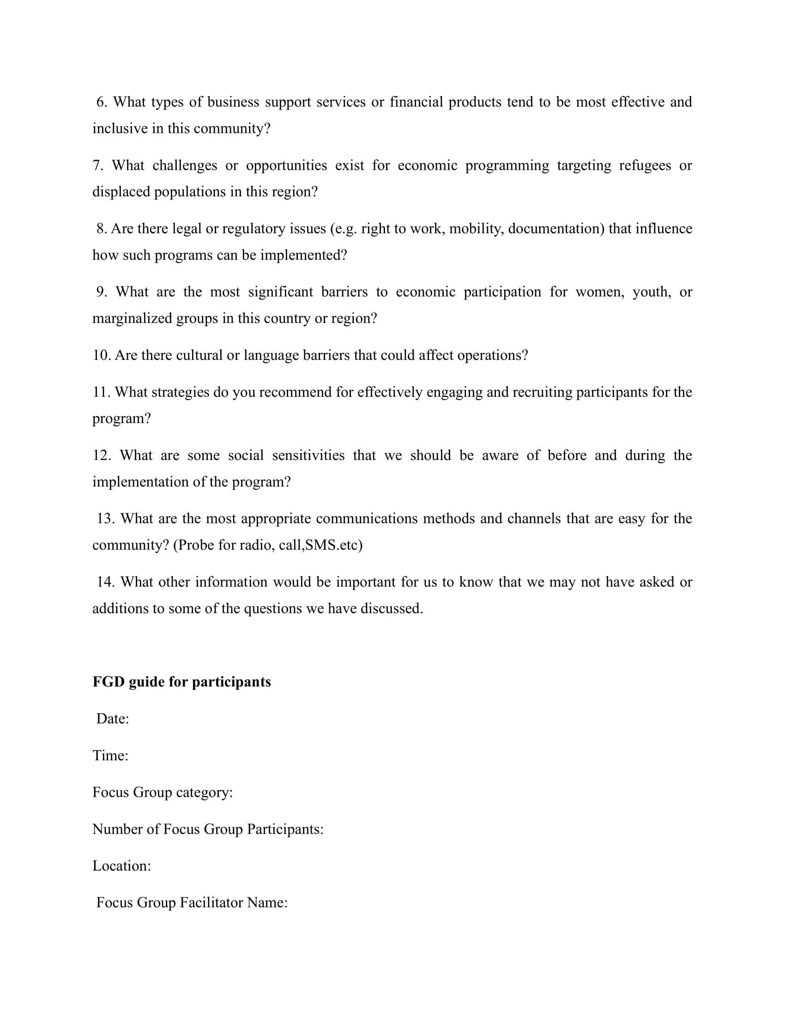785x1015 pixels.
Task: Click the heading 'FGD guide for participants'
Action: point(181,682)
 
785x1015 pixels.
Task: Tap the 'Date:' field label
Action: point(113,718)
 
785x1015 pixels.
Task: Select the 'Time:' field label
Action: point(110,755)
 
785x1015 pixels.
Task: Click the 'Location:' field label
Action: point(121,866)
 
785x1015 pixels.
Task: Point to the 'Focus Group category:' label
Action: point(162,792)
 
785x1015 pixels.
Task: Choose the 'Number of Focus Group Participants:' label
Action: point(208,829)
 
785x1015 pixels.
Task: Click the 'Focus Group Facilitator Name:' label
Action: point(192,902)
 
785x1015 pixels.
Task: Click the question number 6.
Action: point(102,102)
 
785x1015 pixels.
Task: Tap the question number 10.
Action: point(101,355)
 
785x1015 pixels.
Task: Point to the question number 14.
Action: point(105,582)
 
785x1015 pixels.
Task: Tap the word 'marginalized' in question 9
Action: point(132,318)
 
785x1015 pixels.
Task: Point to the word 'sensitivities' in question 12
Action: point(308,455)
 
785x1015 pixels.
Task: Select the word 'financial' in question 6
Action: point(416,102)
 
